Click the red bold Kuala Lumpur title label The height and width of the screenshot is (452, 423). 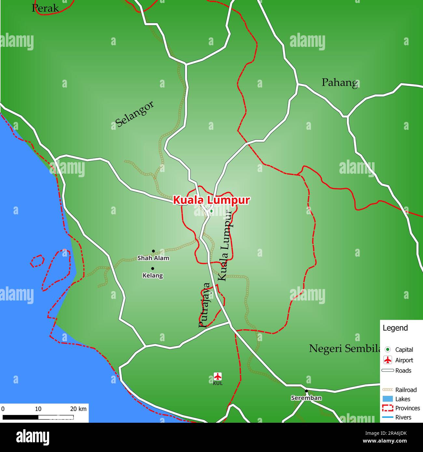point(211,200)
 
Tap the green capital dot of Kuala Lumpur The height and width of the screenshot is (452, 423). point(211,211)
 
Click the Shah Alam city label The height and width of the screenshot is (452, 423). point(153,258)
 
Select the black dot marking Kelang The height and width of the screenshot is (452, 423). point(153,269)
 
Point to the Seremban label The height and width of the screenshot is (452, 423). point(306,398)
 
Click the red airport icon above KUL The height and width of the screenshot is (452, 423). point(218,377)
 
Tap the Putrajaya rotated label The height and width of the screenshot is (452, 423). point(205,305)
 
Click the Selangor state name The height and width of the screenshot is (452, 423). point(134,114)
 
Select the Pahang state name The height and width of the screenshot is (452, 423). point(340,83)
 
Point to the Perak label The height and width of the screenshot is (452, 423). point(45,8)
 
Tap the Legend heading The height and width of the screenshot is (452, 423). point(395,328)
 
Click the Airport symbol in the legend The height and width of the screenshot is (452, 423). point(388,360)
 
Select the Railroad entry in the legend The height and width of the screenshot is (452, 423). point(406,390)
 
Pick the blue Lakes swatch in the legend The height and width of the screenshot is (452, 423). point(388,399)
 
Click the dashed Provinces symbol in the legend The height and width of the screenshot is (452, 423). point(388,408)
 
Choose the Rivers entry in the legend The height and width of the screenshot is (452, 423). point(403,417)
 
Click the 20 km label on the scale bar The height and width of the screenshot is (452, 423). point(78,409)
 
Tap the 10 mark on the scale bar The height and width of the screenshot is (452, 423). point(38,409)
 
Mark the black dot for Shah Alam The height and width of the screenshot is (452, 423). point(153,251)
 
